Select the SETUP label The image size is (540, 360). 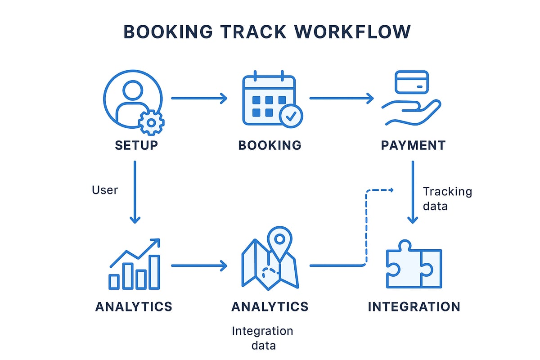[x=136, y=145]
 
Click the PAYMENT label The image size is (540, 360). [x=413, y=145]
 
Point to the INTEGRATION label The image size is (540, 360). [x=414, y=307]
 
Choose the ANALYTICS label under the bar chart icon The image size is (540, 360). [x=134, y=307]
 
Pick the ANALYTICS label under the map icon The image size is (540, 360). [x=270, y=307]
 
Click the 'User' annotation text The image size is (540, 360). [x=105, y=190]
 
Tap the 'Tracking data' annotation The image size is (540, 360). [x=447, y=198]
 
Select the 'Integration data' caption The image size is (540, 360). [x=262, y=338]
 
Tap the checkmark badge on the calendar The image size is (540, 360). [x=291, y=116]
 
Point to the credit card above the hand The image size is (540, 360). [x=411, y=82]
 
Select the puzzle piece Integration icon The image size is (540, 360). [x=414, y=268]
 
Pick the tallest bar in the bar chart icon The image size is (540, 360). [x=154, y=272]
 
